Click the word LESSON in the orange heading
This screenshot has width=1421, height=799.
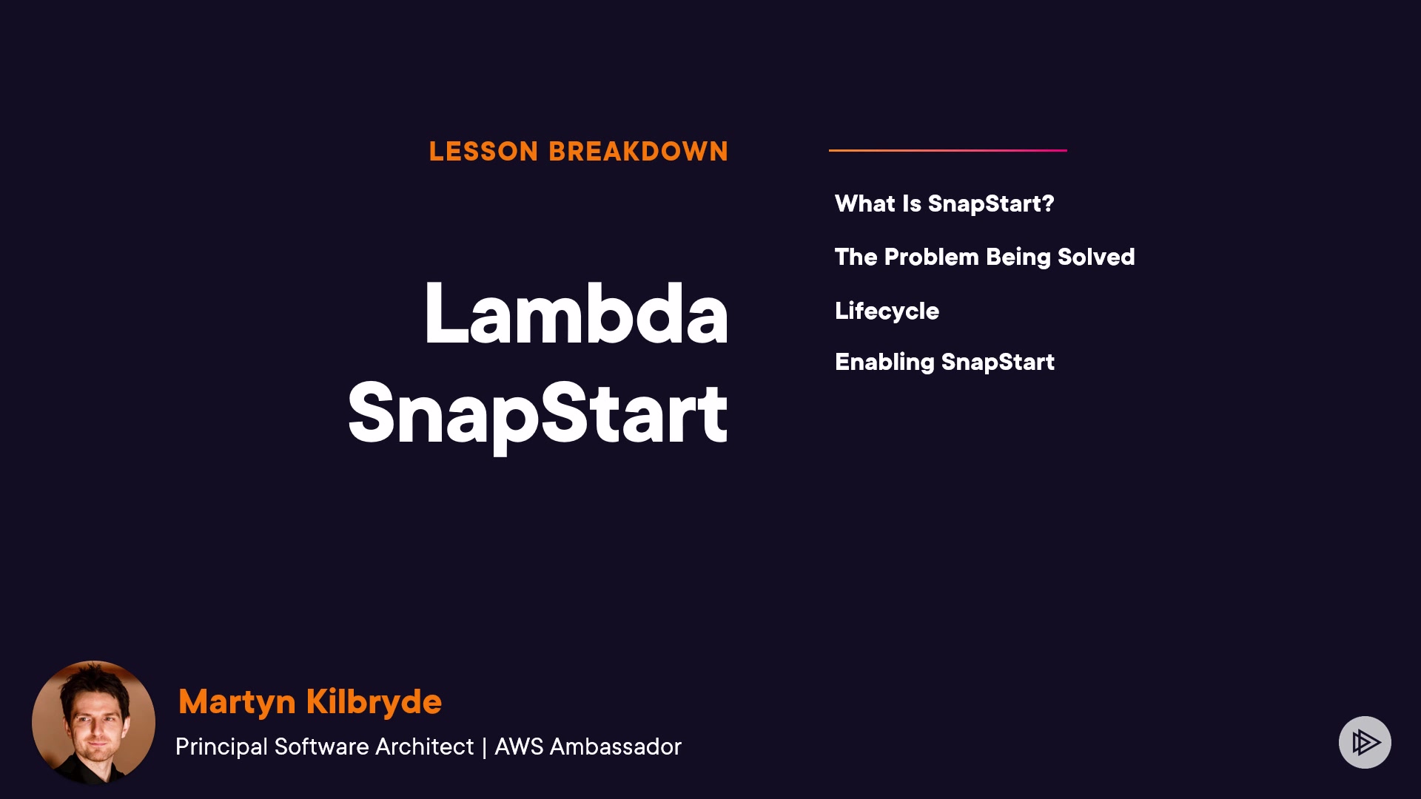click(x=483, y=152)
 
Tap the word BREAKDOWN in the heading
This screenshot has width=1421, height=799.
click(x=639, y=152)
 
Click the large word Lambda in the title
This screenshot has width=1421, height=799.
click(x=577, y=314)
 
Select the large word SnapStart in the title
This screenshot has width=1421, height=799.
click(x=538, y=414)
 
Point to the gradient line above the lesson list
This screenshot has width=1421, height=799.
click(x=948, y=150)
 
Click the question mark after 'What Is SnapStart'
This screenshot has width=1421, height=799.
click(x=1047, y=203)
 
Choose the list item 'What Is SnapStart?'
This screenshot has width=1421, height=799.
click(x=944, y=203)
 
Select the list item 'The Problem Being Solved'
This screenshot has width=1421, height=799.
click(x=985, y=257)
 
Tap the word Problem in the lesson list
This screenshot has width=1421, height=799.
click(x=932, y=257)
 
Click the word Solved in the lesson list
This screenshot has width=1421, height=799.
click(x=1096, y=257)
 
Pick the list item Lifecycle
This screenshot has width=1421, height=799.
click(x=887, y=311)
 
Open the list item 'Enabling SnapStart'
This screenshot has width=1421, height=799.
click(x=944, y=363)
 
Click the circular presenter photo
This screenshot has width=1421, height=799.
click(x=93, y=722)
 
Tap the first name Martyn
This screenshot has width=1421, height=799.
click(x=237, y=702)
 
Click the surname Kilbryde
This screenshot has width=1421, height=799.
click(x=374, y=702)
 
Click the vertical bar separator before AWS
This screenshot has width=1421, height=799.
click(x=484, y=747)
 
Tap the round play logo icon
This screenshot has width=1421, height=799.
click(x=1365, y=742)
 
